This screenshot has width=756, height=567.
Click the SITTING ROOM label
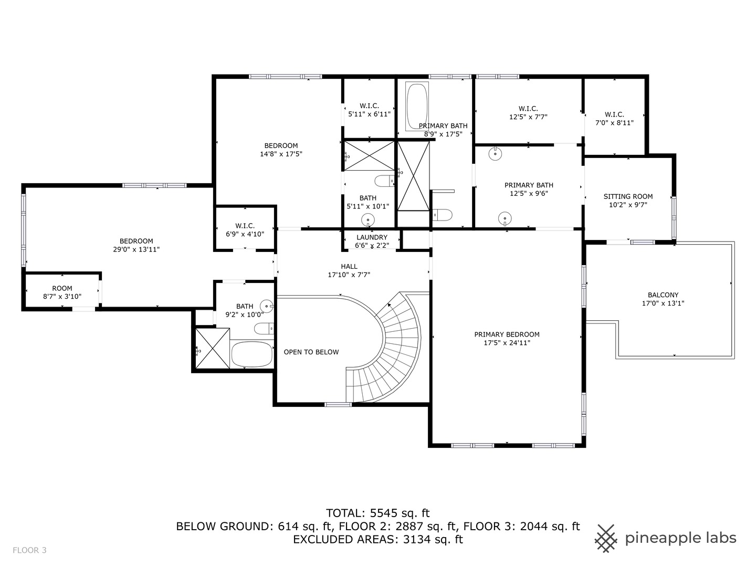(628, 197)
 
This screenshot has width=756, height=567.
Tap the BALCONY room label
(663, 295)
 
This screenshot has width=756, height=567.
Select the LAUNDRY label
(372, 237)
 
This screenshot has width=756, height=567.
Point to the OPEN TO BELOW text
(311, 352)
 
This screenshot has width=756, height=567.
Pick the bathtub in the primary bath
(417, 107)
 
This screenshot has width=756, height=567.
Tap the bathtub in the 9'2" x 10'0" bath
(252, 354)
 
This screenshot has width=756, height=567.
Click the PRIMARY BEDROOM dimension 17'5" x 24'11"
(507, 343)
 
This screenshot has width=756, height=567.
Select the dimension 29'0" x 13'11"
(136, 250)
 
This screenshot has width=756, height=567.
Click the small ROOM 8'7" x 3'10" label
(62, 288)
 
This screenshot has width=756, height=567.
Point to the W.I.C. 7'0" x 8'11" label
(614, 114)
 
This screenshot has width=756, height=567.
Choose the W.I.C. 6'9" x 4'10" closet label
(245, 226)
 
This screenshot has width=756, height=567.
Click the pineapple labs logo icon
(606, 538)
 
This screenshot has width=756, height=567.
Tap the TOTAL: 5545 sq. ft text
(377, 513)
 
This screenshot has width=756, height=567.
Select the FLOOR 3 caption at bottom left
(29, 550)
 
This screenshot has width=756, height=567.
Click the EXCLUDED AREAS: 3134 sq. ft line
(377, 539)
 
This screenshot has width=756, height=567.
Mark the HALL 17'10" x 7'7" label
(349, 267)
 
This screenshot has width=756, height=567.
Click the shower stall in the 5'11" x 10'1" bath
(369, 155)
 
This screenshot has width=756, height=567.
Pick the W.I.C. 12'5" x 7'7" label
(528, 109)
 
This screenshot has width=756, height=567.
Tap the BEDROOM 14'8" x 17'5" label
(281, 146)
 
